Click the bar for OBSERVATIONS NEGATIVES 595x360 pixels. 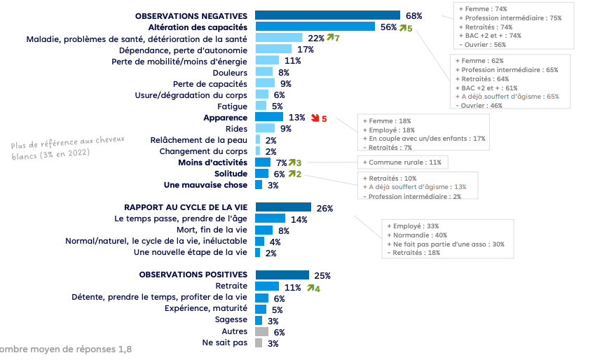[327, 15]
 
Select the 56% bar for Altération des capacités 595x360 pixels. [315, 27]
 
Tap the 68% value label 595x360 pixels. [413, 15]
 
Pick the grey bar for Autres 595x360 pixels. [261, 331]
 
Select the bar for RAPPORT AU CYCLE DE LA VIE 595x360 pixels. [283, 207]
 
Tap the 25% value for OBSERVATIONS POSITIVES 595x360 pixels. [322, 275]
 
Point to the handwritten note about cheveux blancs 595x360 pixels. [68, 148]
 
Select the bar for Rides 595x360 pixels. [265, 128]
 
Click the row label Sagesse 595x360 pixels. [231, 320]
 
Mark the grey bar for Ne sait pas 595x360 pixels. [259, 343]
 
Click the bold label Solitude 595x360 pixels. [231, 174]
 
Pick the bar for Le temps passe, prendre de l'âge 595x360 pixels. [270, 219]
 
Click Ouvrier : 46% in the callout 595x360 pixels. [480, 105]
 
